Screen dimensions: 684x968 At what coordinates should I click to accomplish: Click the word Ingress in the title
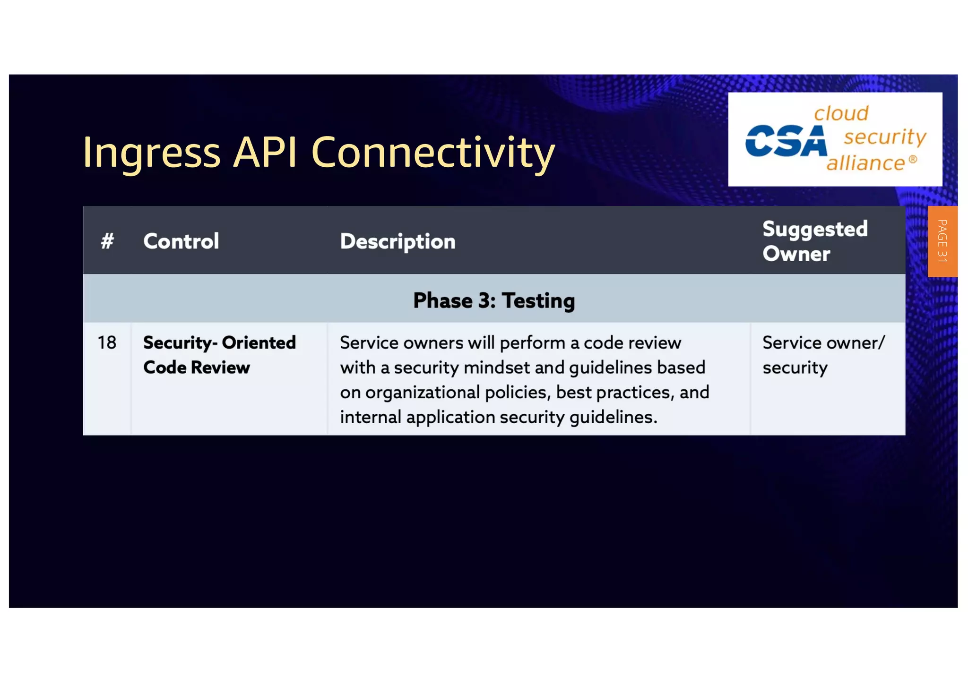tap(151, 153)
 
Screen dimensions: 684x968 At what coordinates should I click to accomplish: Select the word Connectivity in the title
tap(432, 153)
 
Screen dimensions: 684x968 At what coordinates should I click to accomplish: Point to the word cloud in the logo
tap(841, 113)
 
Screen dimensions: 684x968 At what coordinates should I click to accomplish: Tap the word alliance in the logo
tap(865, 163)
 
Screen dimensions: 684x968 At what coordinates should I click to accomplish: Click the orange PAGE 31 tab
tap(942, 241)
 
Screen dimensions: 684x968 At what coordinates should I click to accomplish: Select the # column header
tap(107, 241)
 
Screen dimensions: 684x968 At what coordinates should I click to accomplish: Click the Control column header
tap(181, 241)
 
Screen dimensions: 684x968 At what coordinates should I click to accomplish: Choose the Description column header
tap(398, 241)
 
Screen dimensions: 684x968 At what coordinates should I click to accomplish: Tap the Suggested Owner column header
tap(815, 241)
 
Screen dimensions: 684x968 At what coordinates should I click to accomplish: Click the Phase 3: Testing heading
tap(494, 300)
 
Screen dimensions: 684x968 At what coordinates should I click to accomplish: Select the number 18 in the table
tap(107, 342)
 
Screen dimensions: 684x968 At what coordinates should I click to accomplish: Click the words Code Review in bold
tap(197, 368)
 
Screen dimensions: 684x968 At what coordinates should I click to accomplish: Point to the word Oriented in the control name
tap(259, 342)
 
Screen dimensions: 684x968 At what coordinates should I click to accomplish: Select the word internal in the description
tap(370, 417)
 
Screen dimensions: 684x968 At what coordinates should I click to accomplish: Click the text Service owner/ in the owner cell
tap(823, 342)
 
